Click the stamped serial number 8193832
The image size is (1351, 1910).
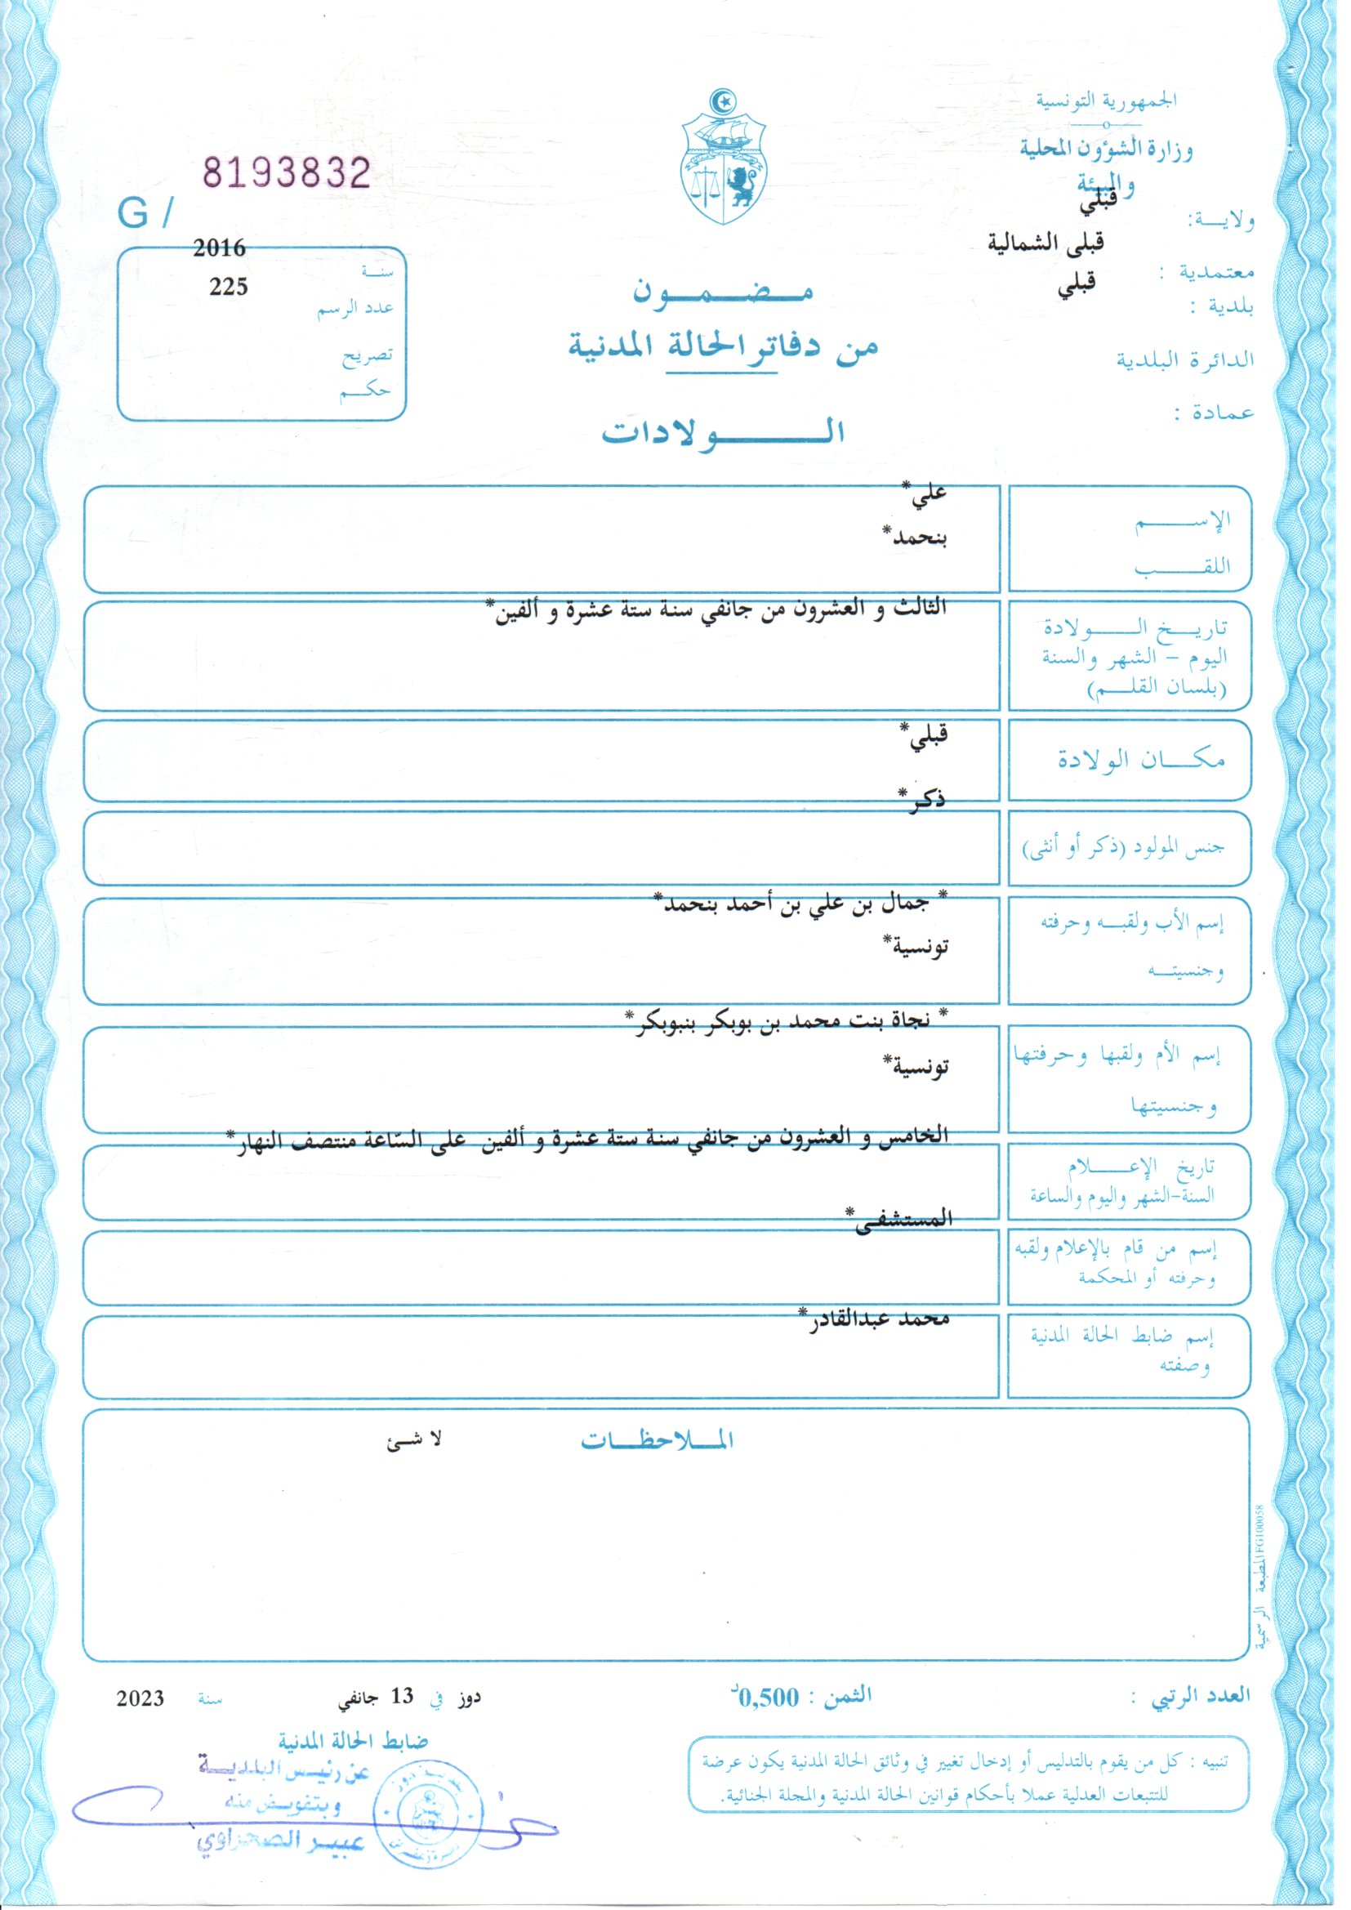[x=286, y=173]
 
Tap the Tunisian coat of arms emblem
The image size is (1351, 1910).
[x=725, y=158]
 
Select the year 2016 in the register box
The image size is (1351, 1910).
[x=219, y=248]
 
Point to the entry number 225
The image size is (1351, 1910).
[x=228, y=287]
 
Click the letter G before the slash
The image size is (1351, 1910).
[x=133, y=215]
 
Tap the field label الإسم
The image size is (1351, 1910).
[x=1183, y=521]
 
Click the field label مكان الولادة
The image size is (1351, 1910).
[x=1140, y=760]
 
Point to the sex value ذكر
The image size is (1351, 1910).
[x=924, y=800]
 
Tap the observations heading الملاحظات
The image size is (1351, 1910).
[x=657, y=1440]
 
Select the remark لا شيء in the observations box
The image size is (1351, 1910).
[x=414, y=1440]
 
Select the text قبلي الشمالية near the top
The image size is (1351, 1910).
[x=1046, y=243]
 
